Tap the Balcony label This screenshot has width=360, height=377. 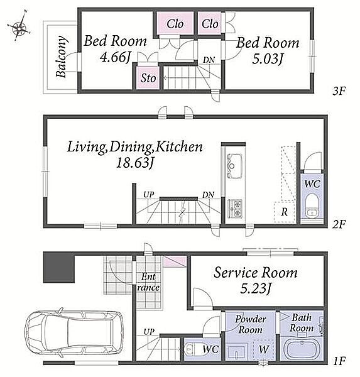click(61, 57)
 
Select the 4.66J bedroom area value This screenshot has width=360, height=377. click(115, 57)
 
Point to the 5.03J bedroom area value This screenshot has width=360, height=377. click(267, 58)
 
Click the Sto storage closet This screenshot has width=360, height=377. click(148, 77)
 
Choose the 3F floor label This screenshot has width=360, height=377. click(339, 91)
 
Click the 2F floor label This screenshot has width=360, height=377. click(339, 224)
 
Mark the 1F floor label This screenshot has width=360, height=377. click(339, 361)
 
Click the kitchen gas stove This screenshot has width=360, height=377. click(234, 208)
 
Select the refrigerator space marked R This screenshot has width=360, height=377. click(285, 211)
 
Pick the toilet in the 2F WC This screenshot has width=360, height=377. click(312, 206)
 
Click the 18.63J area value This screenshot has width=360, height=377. click(135, 163)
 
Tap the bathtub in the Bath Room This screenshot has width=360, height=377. click(302, 349)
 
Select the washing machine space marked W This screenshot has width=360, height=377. click(264, 349)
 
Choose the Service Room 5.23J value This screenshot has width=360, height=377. click(256, 288)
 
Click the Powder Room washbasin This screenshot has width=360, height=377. click(237, 351)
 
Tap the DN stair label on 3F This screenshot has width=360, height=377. click(209, 60)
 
